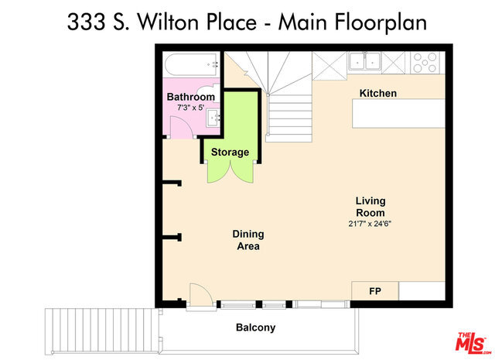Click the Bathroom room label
(x=191, y=97)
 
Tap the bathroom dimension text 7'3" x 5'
(x=191, y=108)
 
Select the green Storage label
(x=230, y=152)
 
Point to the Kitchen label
(x=378, y=93)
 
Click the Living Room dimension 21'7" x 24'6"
(x=370, y=224)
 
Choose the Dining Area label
(x=248, y=240)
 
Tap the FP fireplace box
(x=375, y=291)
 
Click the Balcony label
(x=255, y=327)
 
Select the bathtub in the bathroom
(x=191, y=65)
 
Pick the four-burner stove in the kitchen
(x=425, y=63)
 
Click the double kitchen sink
(x=364, y=62)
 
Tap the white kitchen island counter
(x=398, y=114)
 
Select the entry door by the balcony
(x=201, y=295)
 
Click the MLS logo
(x=473, y=343)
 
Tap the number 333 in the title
(x=86, y=22)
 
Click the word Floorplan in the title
(x=381, y=22)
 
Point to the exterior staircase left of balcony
(x=101, y=331)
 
